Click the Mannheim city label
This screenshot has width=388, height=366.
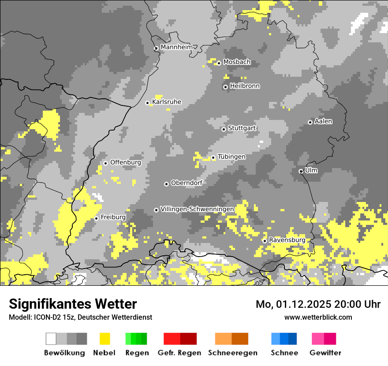[x=177, y=47]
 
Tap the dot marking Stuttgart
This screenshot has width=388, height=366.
[x=224, y=129]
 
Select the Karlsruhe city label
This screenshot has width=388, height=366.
[x=167, y=102]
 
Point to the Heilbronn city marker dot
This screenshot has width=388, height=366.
[x=225, y=87]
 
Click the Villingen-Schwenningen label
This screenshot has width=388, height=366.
[x=197, y=209]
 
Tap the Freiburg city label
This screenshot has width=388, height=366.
[x=113, y=217]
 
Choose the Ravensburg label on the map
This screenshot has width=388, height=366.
[x=287, y=240]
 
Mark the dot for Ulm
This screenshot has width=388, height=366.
[x=301, y=171]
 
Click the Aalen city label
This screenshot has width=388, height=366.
[x=323, y=121]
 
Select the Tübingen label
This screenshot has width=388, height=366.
[x=231, y=157]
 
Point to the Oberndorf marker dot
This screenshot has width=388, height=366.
[x=166, y=184]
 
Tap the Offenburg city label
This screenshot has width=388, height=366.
[x=126, y=162]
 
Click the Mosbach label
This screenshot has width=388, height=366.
[x=237, y=62]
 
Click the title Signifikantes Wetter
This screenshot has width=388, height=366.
[x=73, y=304]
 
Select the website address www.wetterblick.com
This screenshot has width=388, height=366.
[x=318, y=317]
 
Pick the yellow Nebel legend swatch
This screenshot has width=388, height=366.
[x=104, y=339]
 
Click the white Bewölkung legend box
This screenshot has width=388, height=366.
[x=51, y=339]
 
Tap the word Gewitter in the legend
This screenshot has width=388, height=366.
[x=325, y=353]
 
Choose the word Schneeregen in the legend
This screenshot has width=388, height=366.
[x=232, y=353]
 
